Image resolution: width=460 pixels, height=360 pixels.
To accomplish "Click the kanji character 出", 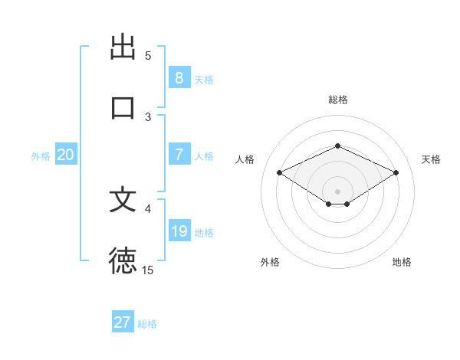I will pos(123,47).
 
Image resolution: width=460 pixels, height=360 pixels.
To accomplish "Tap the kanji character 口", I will pos(123,107).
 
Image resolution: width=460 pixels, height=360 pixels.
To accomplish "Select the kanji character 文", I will pos(123,200).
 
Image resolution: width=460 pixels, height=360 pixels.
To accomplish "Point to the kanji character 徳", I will pos(123,260).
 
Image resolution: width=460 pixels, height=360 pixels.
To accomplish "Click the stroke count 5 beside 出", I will pos(148,56).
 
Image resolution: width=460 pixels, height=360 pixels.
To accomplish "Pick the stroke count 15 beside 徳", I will pos(148,270).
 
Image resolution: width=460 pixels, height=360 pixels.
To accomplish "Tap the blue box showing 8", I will pos(179,77).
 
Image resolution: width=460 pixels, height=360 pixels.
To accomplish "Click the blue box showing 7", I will pos(179,155).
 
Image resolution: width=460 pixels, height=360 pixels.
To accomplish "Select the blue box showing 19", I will pos(179,231).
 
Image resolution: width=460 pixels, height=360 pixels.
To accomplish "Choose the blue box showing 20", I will pos(65,155).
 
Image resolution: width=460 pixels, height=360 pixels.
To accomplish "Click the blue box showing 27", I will pos(123,322).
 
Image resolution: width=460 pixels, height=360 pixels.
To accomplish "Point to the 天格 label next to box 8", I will pos(204,79).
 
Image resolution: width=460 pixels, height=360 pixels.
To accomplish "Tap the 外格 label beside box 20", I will pos(41,156).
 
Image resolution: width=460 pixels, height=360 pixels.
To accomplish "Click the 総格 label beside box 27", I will pos(147,324).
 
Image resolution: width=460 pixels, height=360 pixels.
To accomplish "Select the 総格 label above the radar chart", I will pos(337,100).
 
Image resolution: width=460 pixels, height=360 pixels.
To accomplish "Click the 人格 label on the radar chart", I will pos(245,159).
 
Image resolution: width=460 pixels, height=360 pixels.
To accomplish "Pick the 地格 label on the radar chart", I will pos(402,262).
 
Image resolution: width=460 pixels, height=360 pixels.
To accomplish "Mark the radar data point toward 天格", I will pos(396,172).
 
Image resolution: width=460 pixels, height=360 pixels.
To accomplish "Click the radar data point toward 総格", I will pos(337,146).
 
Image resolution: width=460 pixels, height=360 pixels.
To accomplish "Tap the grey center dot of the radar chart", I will pos(337,191).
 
